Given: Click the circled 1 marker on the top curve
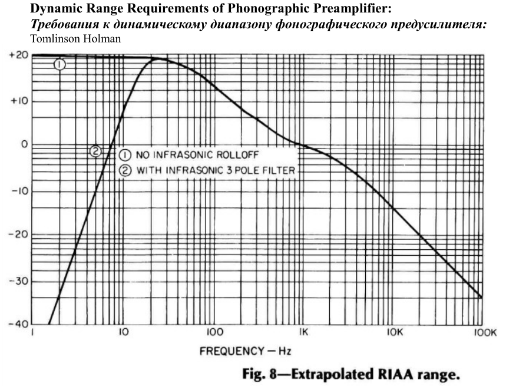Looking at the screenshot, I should coord(59,65).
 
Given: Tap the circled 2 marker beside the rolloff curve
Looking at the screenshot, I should coord(94,152).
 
